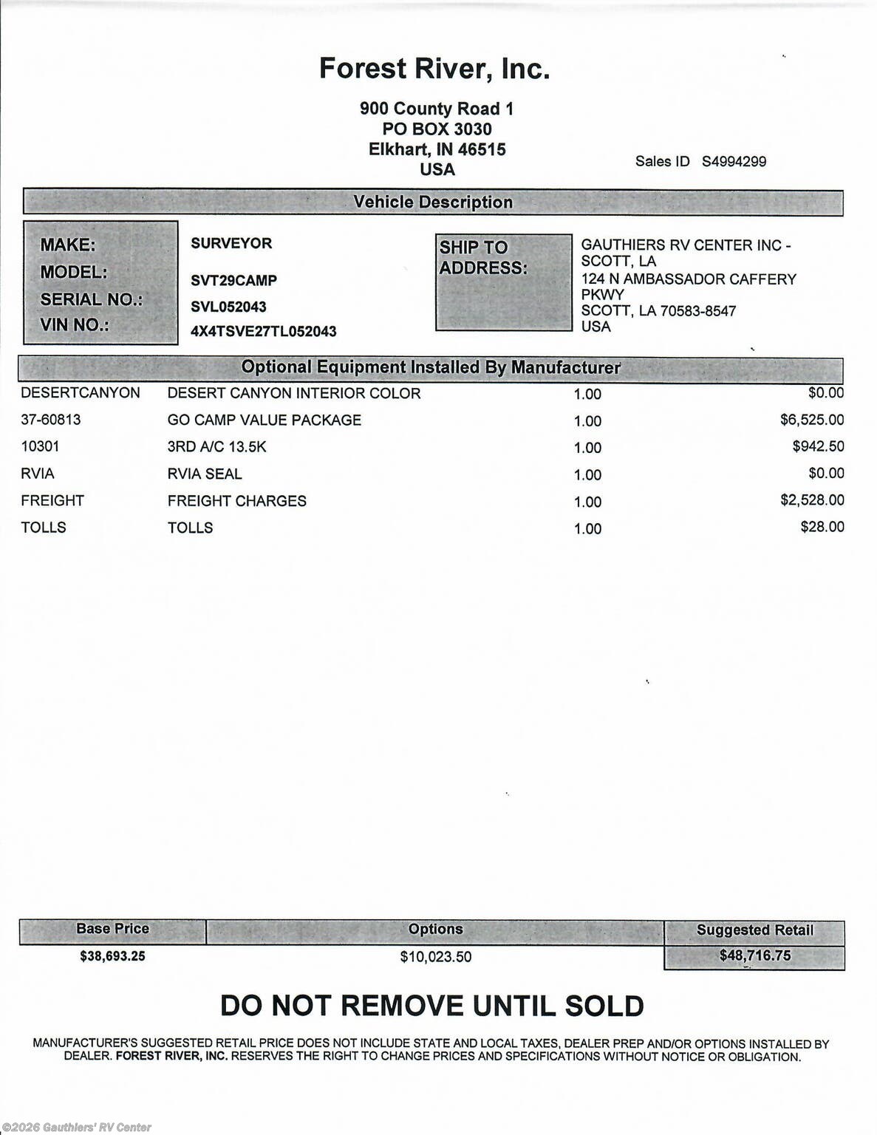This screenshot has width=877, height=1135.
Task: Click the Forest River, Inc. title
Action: click(434, 69)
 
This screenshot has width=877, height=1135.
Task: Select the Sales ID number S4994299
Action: click(734, 161)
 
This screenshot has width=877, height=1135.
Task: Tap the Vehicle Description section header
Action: click(433, 202)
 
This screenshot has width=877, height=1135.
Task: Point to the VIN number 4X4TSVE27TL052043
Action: click(263, 331)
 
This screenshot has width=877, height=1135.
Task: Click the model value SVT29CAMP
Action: click(233, 281)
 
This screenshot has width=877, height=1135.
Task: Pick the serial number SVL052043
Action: click(228, 307)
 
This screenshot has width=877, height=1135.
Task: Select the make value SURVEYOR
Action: click(231, 243)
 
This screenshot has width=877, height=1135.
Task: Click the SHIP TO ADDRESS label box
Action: click(503, 282)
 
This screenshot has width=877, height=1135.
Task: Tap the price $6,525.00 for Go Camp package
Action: click(811, 420)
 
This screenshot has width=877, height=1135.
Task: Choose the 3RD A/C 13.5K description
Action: click(216, 446)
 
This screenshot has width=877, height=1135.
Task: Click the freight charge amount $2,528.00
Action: click(811, 500)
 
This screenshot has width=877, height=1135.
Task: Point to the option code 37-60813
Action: click(51, 420)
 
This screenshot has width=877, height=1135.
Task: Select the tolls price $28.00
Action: click(822, 527)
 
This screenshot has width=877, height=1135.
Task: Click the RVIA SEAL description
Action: click(205, 474)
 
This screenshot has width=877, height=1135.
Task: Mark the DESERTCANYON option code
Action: click(81, 393)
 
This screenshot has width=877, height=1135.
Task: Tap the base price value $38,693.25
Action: click(112, 956)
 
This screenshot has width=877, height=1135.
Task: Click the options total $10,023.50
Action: click(435, 957)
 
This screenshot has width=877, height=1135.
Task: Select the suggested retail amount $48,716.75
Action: click(754, 955)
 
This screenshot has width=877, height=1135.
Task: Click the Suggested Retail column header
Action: click(754, 930)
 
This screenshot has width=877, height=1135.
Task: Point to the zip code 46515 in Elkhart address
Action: click(482, 149)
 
